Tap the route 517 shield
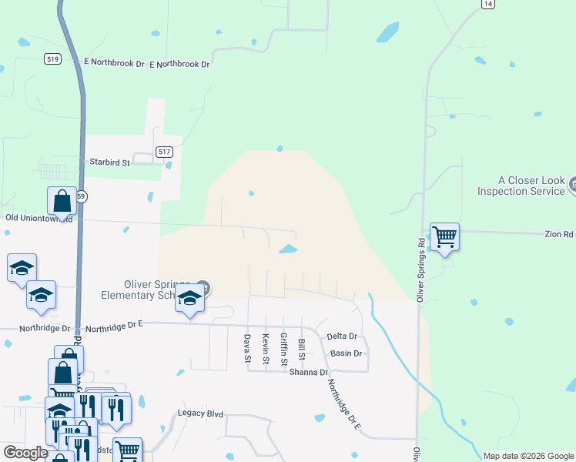164,152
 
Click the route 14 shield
487,4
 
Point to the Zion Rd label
559,233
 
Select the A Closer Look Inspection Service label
521,186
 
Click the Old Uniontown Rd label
39,219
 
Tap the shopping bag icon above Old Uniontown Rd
62,201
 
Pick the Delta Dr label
342,336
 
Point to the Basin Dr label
346,353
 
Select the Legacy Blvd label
200,414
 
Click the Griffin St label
283,349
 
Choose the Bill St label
302,350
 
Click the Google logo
25,453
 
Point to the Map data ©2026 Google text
528,456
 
